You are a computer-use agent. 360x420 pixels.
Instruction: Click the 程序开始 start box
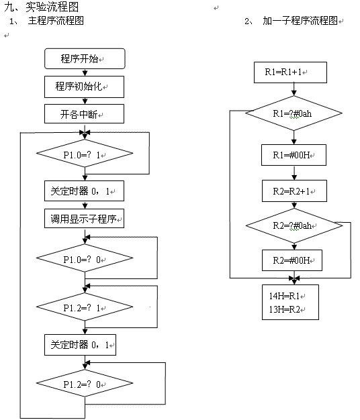pyautogui.click(x=85, y=58)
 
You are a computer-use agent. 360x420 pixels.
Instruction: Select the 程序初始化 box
pyautogui.click(x=84, y=87)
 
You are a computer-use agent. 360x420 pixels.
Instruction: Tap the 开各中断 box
pyautogui.click(x=84, y=114)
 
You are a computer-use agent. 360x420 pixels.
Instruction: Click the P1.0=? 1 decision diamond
pyautogui.click(x=85, y=153)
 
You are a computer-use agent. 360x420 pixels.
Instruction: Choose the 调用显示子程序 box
pyautogui.click(x=84, y=219)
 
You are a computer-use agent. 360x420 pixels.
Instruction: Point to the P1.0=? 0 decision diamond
pyautogui.click(x=85, y=258)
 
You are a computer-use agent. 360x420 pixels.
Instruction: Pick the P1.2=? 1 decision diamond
pyautogui.click(x=85, y=307)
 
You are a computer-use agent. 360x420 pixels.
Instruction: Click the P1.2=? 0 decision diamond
pyautogui.click(x=85, y=383)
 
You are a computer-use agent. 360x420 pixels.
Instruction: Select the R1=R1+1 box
pyautogui.click(x=290, y=72)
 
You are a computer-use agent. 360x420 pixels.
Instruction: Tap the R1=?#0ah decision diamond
pyautogui.click(x=294, y=113)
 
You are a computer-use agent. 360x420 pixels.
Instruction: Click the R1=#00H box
pyautogui.click(x=294, y=155)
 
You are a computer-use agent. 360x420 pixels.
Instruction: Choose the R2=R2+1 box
pyautogui.click(x=294, y=191)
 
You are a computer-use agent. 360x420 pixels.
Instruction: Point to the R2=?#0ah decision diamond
pyautogui.click(x=294, y=225)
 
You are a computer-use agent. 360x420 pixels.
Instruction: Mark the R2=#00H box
pyautogui.click(x=292, y=260)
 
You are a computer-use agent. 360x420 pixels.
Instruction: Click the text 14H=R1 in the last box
pyautogui.click(x=284, y=296)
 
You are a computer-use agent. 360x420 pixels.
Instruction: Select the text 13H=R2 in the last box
pyautogui.click(x=284, y=309)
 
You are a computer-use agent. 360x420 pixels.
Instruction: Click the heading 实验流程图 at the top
pyautogui.click(x=52, y=7)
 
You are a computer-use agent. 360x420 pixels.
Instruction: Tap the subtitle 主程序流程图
pyautogui.click(x=56, y=21)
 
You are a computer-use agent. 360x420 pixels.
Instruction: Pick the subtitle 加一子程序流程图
pyautogui.click(x=300, y=21)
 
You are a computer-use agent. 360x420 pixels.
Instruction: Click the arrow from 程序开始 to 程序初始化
pyautogui.click(x=85, y=72)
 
